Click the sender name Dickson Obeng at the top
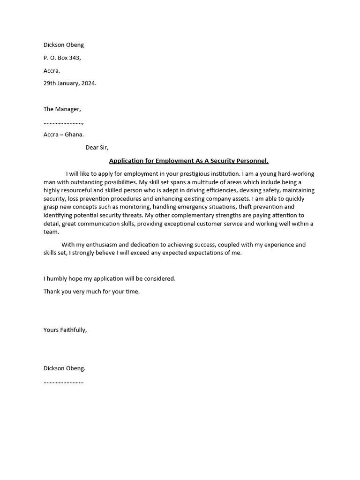pos(64,45)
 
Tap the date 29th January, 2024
pos(70,83)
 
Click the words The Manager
pos(62,109)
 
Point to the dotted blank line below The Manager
pos(63,122)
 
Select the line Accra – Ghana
pos(64,134)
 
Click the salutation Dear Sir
pos(97,147)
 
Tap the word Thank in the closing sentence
pos(52,291)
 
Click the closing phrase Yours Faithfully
pos(65,330)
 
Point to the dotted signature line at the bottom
pos(64,382)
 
